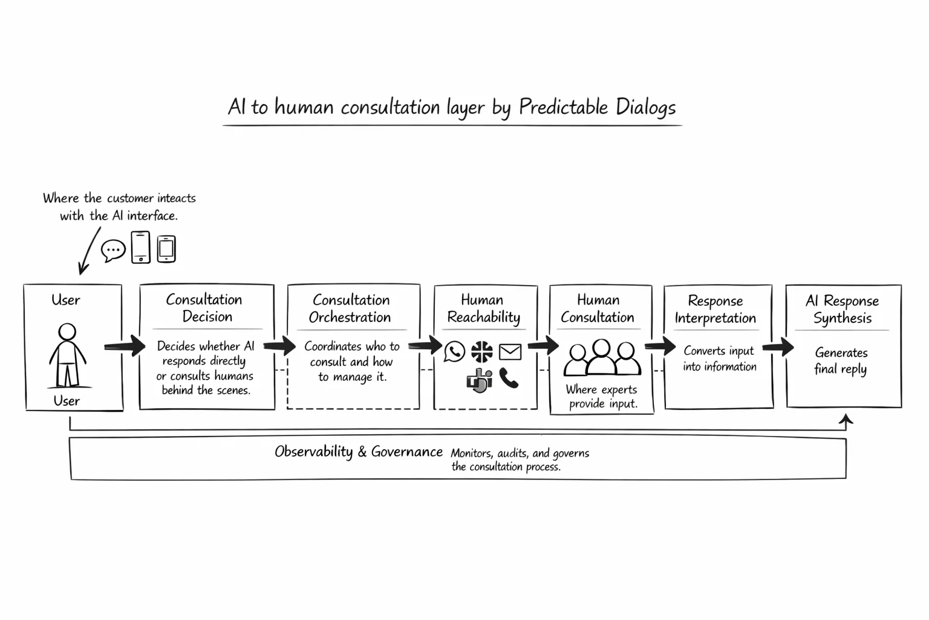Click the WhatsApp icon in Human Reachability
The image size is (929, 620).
(454, 351)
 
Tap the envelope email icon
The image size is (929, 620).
(510, 352)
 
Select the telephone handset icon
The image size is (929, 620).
(509, 378)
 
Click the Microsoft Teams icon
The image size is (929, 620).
(480, 380)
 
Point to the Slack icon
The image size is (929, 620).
(482, 351)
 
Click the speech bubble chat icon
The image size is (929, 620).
(113, 250)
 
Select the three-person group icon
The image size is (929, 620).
(602, 358)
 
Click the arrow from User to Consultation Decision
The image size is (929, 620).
(125, 346)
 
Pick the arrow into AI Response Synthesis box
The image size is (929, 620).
(778, 347)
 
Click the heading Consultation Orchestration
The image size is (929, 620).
(350, 308)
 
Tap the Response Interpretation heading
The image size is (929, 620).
(715, 309)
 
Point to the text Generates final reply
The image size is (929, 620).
(841, 360)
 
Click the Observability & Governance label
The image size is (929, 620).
(358, 452)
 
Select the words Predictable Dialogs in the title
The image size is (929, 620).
(597, 107)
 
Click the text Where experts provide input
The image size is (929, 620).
(602, 397)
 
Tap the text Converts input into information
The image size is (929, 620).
(719, 358)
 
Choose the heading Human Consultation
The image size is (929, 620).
(598, 308)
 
